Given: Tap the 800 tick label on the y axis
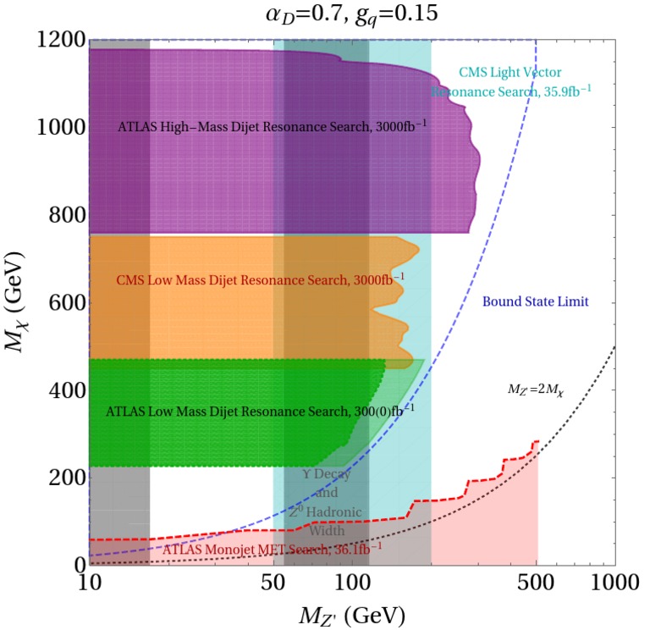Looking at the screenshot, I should (63, 215).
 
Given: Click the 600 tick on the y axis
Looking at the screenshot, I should (63, 302).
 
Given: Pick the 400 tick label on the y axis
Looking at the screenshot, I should (63, 390).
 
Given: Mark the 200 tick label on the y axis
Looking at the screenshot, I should (63, 478).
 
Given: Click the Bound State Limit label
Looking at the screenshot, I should (535, 301).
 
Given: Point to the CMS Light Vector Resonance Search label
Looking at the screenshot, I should (508, 81).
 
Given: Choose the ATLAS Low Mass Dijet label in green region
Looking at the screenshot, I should (251, 412).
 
